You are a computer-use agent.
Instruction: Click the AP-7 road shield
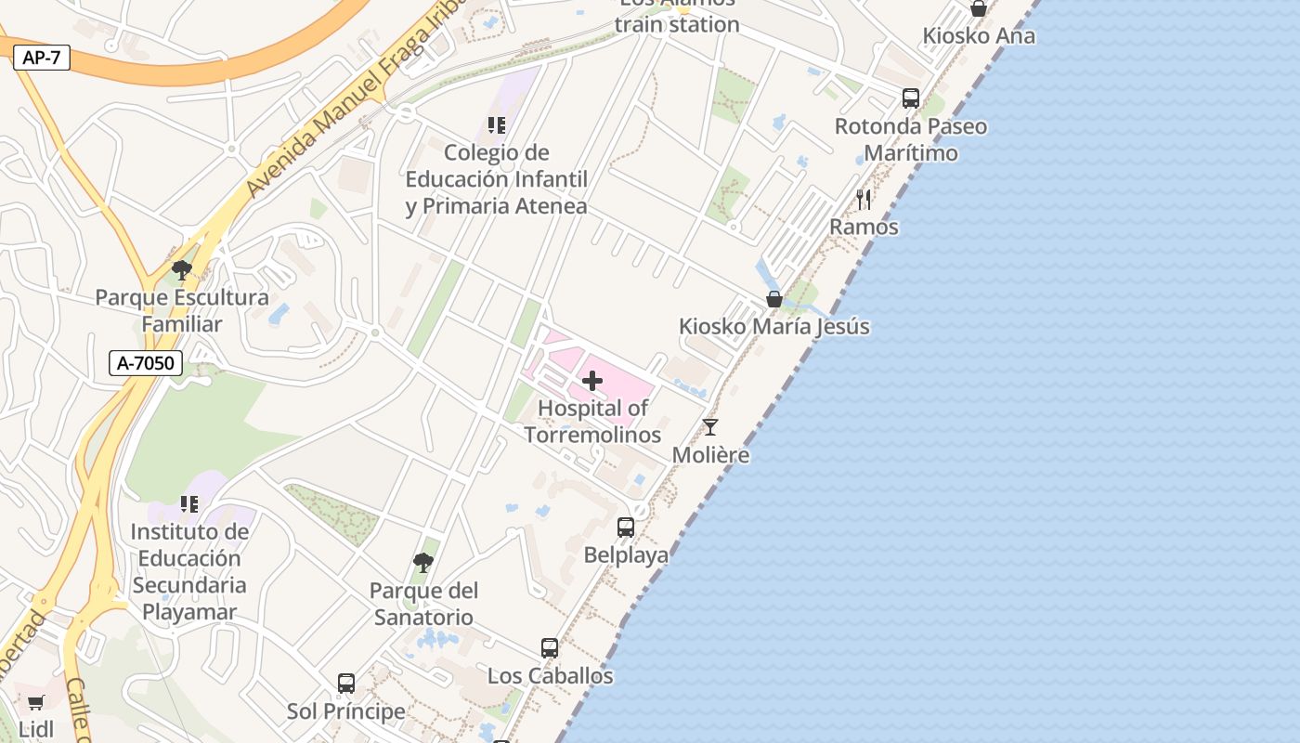pos(42,58)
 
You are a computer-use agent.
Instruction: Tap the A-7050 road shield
pos(146,363)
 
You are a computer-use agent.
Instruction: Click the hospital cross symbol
pos(592,381)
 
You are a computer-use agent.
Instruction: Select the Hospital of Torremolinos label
pos(592,421)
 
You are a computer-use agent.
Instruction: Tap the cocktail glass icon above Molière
pos(710,427)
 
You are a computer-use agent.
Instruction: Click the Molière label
pos(710,455)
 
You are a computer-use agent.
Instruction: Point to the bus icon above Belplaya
pos(626,528)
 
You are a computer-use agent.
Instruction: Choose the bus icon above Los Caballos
pos(550,648)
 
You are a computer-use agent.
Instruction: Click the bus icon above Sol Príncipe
pos(346,684)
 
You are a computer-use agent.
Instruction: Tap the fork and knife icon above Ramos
pos(864,199)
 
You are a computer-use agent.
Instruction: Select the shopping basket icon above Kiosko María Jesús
pos(774,299)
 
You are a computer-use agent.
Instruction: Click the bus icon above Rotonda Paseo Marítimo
pos(911,98)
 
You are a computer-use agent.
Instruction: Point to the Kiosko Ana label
pos(979,36)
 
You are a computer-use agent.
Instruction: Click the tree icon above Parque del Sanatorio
pos(423,562)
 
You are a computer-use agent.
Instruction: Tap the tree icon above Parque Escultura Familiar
pos(182,270)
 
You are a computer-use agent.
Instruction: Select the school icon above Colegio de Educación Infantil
pos(497,124)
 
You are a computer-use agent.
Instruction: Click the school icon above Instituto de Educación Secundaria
pos(189,504)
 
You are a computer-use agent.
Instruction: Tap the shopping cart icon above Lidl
pos(36,702)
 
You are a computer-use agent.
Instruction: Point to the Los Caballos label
pos(550,676)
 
